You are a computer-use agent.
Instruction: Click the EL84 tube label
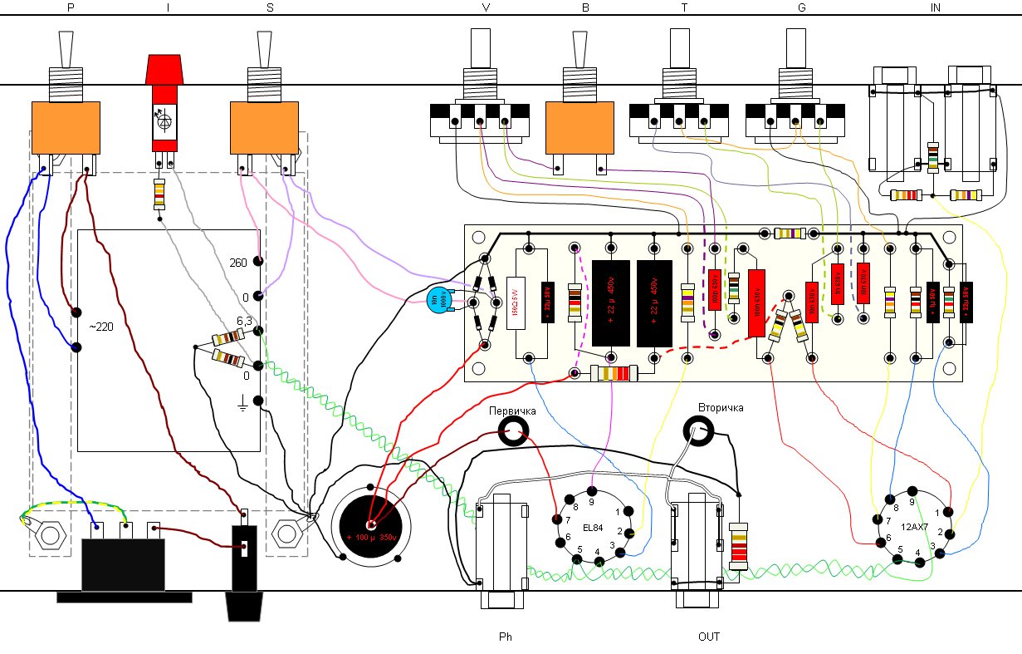(x=593, y=528)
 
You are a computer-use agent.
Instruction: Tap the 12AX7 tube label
(x=914, y=527)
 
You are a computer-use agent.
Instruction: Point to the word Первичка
(x=512, y=411)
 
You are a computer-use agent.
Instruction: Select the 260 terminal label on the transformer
(x=238, y=263)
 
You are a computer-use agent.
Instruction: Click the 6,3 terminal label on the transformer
(x=244, y=321)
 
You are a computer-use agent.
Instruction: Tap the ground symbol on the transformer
(x=243, y=404)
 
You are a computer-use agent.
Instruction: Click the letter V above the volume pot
(x=486, y=8)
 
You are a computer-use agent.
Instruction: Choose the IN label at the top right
(x=936, y=8)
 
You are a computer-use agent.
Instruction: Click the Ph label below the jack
(x=506, y=637)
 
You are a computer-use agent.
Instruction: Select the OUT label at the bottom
(x=708, y=637)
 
